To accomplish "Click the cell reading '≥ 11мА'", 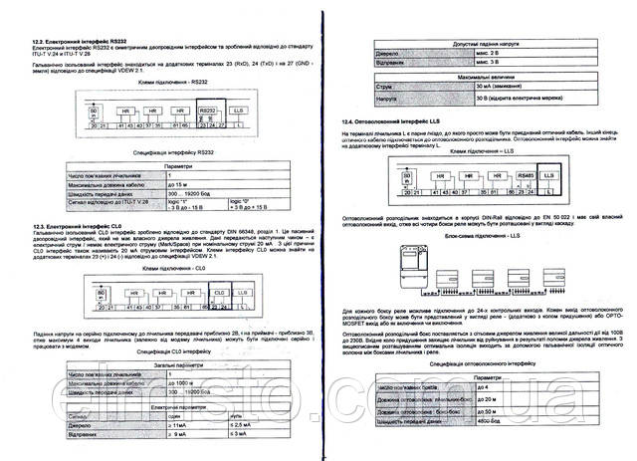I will pos(185,425).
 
